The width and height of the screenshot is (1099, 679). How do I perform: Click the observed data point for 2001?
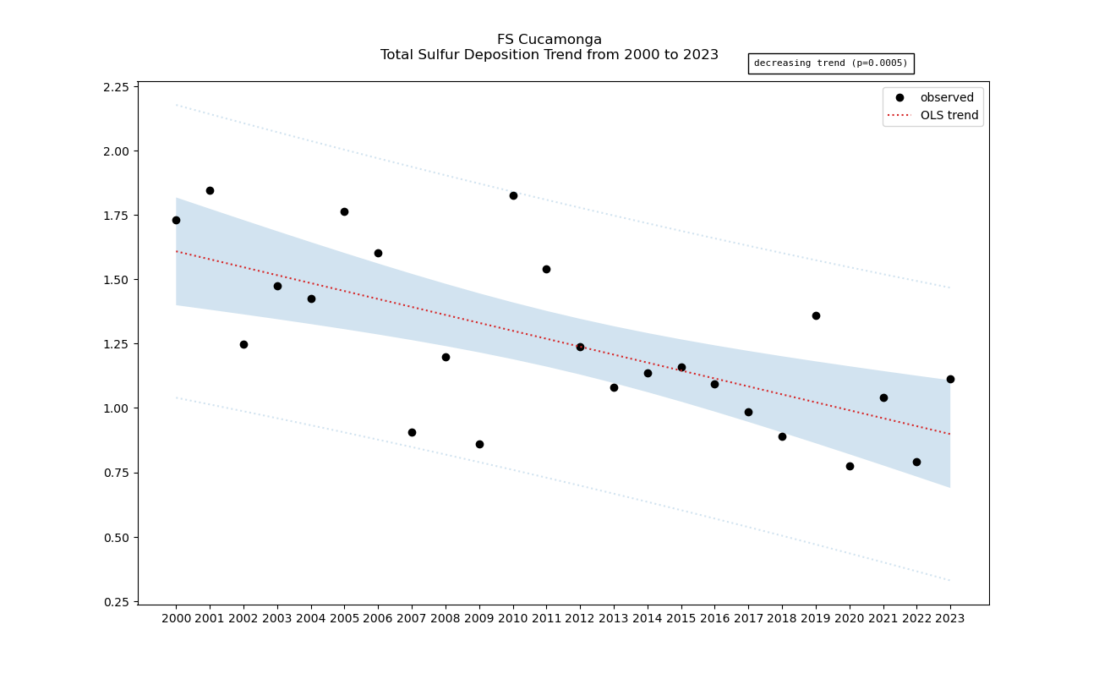[x=210, y=190]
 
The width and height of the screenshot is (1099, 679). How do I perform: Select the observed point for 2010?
[x=513, y=195]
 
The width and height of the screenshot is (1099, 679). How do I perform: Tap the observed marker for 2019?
[x=816, y=315]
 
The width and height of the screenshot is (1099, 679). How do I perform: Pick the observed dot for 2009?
[x=479, y=444]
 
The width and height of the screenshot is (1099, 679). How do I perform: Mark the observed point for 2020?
[x=850, y=466]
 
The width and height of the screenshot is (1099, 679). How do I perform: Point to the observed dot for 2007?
[x=412, y=432]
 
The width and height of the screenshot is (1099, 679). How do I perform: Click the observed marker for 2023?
[x=950, y=379]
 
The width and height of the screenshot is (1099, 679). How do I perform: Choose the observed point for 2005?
[x=344, y=211]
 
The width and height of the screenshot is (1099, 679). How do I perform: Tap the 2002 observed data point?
[x=243, y=344]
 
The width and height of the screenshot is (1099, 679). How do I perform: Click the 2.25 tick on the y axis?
[x=116, y=87]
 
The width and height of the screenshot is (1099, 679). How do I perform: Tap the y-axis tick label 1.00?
[x=116, y=408]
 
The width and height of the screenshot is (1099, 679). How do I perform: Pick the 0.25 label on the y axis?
[x=116, y=601]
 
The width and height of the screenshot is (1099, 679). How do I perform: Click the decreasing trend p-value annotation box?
[x=830, y=63]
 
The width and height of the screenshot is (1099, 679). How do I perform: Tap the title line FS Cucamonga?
[x=549, y=40]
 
